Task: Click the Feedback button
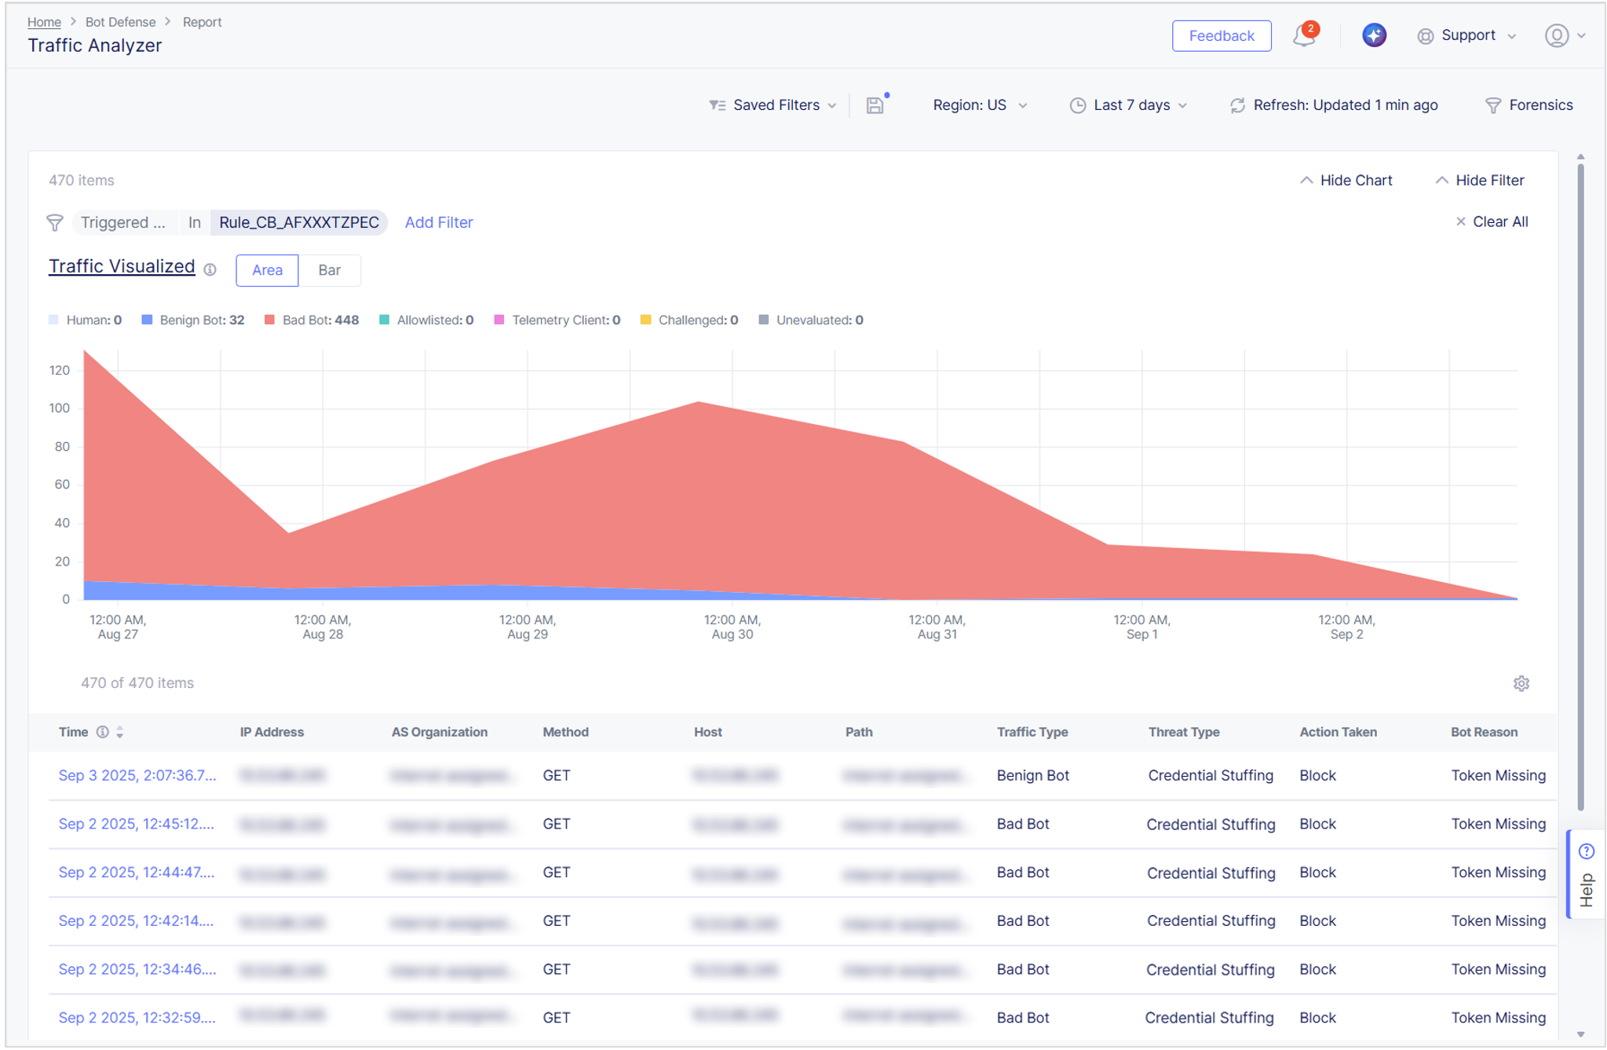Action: point(1221,36)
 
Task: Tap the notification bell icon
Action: point(1304,35)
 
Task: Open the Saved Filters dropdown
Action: point(774,105)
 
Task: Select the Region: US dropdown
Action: point(979,105)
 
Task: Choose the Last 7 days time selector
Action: point(1129,105)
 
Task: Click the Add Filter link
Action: point(439,222)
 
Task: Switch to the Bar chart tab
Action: point(330,270)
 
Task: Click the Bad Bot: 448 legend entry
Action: point(312,320)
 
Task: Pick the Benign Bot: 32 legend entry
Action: point(193,320)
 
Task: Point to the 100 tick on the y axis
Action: point(60,408)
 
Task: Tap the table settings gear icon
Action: point(1521,683)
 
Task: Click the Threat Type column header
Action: point(1183,732)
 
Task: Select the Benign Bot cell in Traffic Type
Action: point(1032,775)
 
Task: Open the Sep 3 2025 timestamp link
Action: point(137,775)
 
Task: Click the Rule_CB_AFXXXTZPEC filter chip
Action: point(299,222)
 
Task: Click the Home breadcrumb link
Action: point(44,22)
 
